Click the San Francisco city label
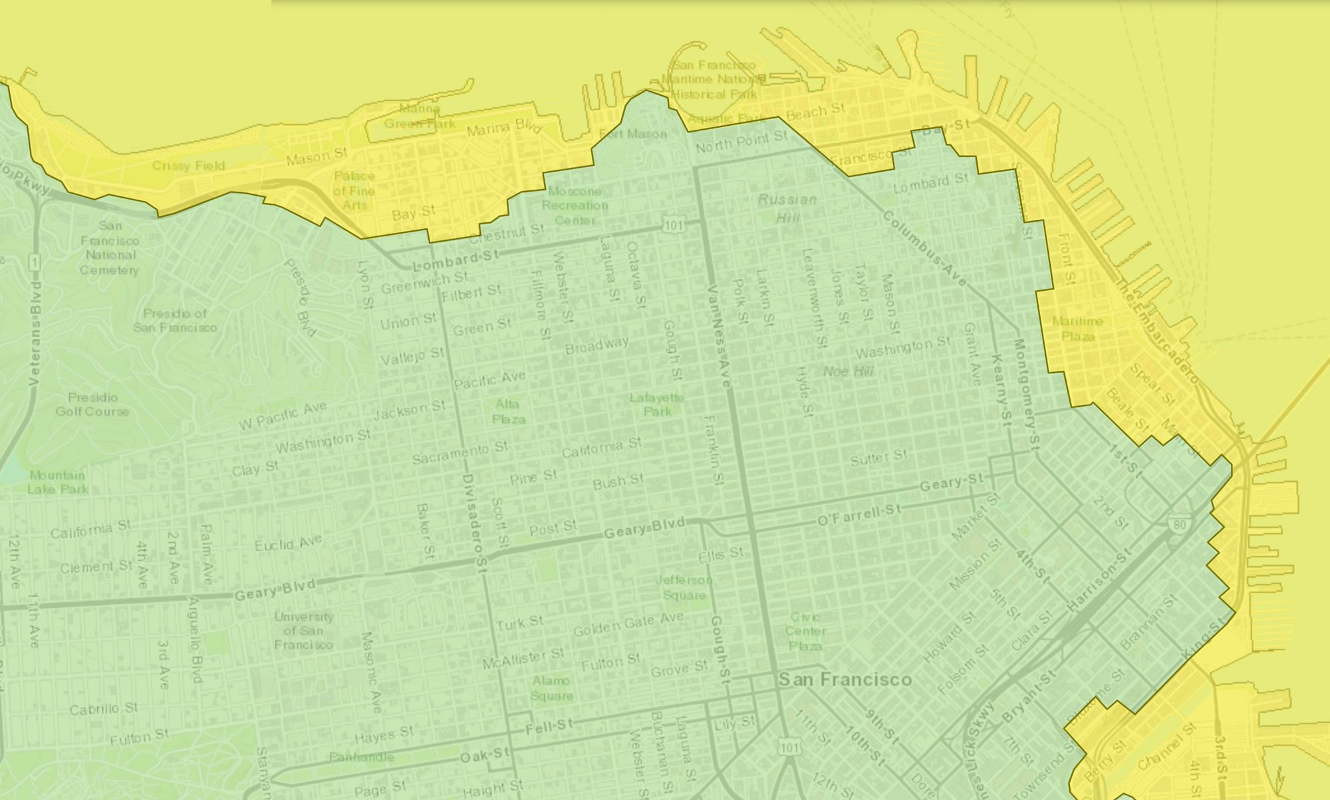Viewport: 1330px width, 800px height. coord(845,680)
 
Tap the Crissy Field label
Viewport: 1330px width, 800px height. coord(188,166)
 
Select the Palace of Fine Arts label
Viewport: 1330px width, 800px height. coord(354,190)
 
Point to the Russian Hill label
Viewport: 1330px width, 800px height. coord(787,208)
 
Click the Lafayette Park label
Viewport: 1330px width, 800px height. coord(656,404)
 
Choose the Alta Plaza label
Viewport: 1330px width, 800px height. coord(508,411)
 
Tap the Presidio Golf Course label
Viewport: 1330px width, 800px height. coord(92,404)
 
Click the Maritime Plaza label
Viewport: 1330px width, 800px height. coord(1077,329)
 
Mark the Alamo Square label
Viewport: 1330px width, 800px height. coord(551,688)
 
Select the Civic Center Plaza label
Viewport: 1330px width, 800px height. coord(805,631)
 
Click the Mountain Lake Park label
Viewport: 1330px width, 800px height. coord(57,482)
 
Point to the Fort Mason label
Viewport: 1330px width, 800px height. coord(632,134)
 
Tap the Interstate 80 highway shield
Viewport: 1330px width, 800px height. coord(1179,525)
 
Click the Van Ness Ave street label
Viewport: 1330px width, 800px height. coord(719,337)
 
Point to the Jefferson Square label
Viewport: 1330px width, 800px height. coord(684,587)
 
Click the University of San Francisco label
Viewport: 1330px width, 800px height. coord(303,630)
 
